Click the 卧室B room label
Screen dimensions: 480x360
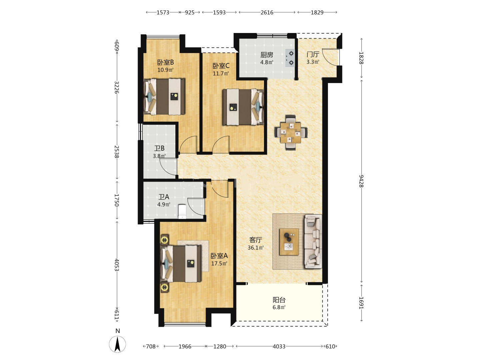tap(166, 63)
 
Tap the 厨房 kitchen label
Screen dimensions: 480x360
tap(267, 55)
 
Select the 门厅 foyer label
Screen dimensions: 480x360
tap(313, 54)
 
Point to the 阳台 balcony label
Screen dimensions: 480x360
tap(279, 300)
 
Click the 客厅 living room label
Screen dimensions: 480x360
tap(256, 240)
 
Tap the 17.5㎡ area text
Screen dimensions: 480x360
tap(219, 263)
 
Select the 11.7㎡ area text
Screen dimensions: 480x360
tap(221, 73)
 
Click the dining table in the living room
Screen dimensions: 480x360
tap(291, 133)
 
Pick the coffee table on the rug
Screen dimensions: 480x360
tap(289, 242)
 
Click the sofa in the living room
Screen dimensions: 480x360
tap(313, 241)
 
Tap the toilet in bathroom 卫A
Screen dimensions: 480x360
tap(182, 211)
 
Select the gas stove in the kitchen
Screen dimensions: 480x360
tap(290, 58)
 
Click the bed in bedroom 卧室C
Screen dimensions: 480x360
tap(243, 107)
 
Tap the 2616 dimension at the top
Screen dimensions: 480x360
tap(267, 12)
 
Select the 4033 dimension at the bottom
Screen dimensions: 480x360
tap(279, 346)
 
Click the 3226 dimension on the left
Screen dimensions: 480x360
tap(117, 87)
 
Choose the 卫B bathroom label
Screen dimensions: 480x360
tap(159, 148)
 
